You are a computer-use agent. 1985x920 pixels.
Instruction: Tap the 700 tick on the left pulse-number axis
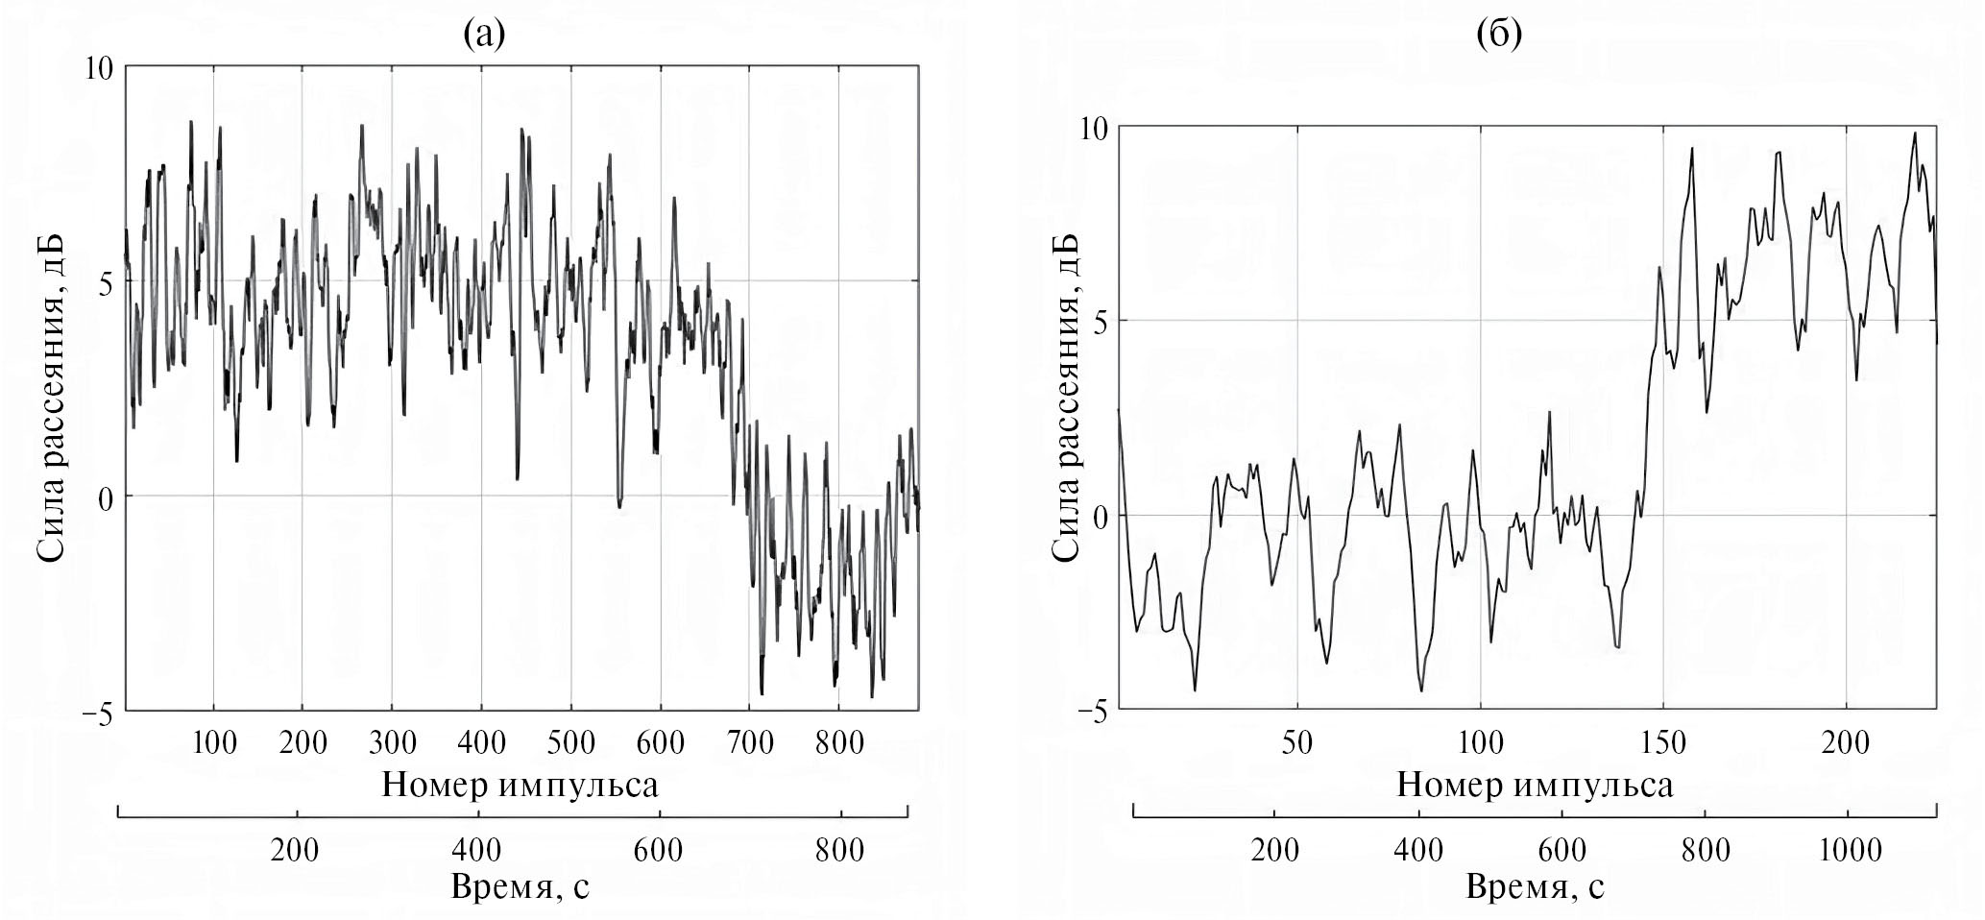click(x=748, y=742)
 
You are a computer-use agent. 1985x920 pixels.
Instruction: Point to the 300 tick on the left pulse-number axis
click(x=391, y=742)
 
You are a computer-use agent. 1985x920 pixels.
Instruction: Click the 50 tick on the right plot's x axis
click(x=1297, y=742)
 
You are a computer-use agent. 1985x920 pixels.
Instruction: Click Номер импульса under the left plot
click(x=520, y=785)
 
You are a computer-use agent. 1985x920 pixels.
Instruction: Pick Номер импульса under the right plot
click(x=1534, y=785)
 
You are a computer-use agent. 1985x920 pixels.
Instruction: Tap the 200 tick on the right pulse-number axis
click(x=1846, y=742)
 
